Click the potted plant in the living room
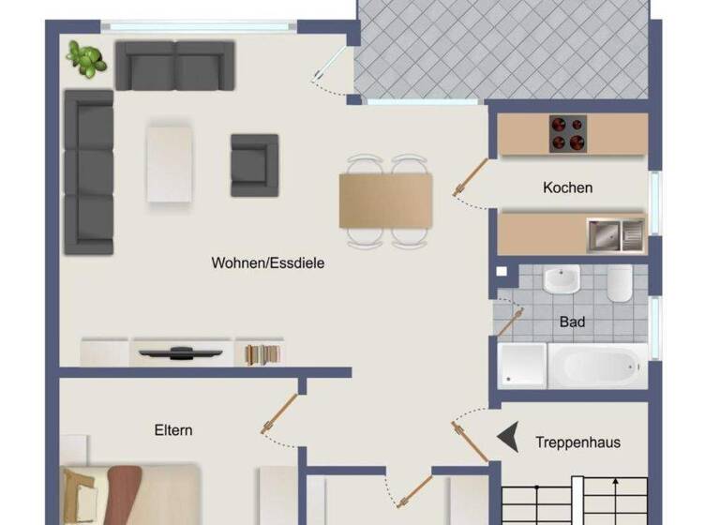point(85,58)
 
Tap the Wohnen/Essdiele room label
point(268,263)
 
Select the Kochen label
point(567,187)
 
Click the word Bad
point(572,322)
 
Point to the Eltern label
point(173,430)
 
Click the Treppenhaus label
point(577,442)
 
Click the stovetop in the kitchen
point(566,132)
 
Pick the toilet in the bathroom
point(620,282)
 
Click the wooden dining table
point(386,201)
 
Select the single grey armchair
point(254,165)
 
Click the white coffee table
point(170,163)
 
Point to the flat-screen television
point(181,353)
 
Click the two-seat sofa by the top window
point(174,65)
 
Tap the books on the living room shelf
point(262,354)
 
